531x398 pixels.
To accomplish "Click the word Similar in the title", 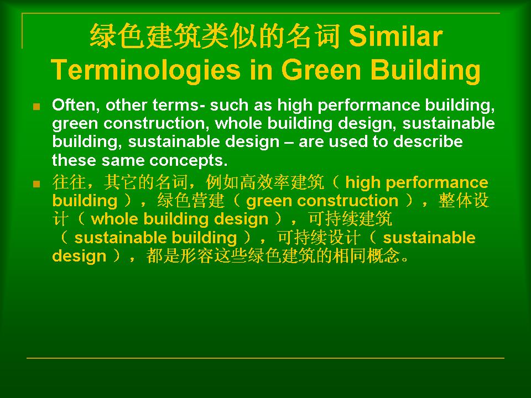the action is [x=395, y=36].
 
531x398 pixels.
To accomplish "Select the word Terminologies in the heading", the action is [x=145, y=70].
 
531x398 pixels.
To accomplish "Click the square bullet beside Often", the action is [x=37, y=107].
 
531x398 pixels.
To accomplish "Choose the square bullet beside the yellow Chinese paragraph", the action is [x=37, y=184].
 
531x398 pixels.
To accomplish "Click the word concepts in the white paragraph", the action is [x=188, y=160].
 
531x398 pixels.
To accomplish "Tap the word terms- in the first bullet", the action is [x=179, y=105].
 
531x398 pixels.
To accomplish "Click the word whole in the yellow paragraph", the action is [x=114, y=219].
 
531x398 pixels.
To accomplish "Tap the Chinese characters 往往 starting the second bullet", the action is [x=69, y=182].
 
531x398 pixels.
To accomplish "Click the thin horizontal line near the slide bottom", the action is [x=265, y=358].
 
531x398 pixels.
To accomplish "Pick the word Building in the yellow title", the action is [x=425, y=70].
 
